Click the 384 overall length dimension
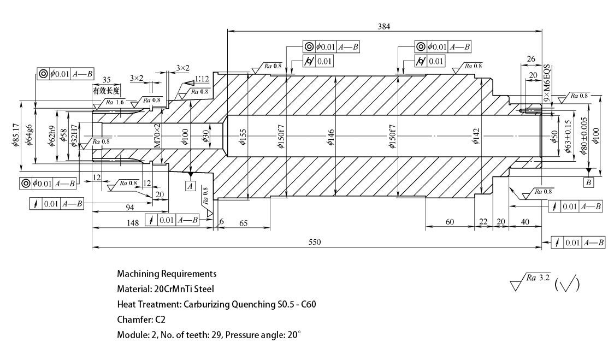(x=383, y=26)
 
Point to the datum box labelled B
(x=588, y=182)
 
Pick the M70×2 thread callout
(x=157, y=137)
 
